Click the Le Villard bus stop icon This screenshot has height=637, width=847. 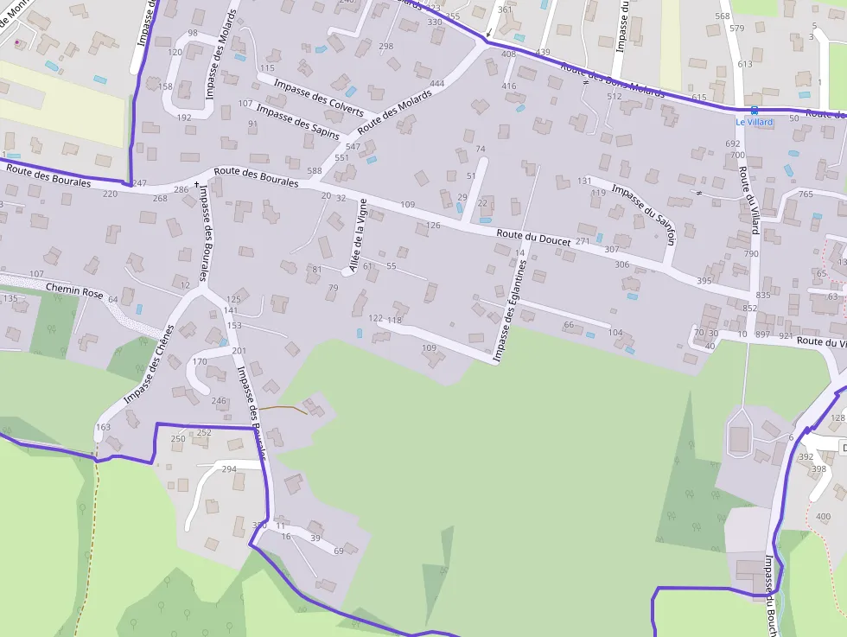pos(755,110)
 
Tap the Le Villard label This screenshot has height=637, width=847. pos(755,122)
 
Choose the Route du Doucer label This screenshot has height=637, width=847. pos(533,238)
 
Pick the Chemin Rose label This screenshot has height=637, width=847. pos(74,290)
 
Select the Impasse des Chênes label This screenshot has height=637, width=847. pos(150,364)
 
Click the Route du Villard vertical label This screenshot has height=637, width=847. pos(748,201)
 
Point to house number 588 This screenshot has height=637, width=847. pos(314,171)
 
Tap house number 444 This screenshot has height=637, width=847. pos(436,84)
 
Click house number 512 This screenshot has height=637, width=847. pos(615,96)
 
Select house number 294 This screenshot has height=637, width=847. pos(229,469)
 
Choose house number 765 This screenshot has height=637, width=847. pos(806,194)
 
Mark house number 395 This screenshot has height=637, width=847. pos(704,281)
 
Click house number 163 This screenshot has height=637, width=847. pos(104,427)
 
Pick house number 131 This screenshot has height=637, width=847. pos(585,181)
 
